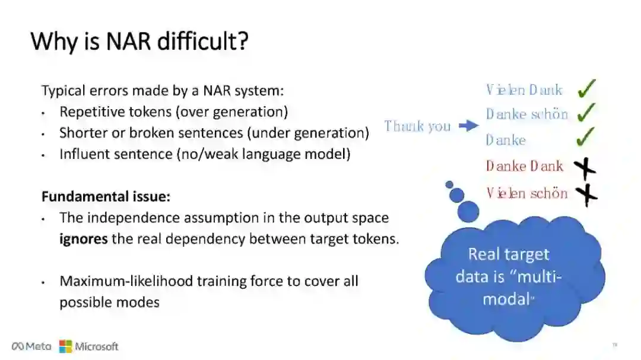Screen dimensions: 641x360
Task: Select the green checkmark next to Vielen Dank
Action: pyautogui.click(x=586, y=89)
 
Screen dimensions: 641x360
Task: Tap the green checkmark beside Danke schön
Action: pyautogui.click(x=586, y=112)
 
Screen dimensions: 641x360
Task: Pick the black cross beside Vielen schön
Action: pyautogui.click(x=586, y=194)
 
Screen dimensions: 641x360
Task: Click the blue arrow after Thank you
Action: pyautogui.click(x=469, y=126)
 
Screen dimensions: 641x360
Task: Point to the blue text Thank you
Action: pyautogui.click(x=417, y=126)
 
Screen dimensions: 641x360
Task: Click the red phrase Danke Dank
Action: pyautogui.click(x=524, y=166)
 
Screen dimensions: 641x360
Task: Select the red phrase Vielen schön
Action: pyautogui.click(x=526, y=193)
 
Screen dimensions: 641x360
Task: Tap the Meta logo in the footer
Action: pyautogui.click(x=31, y=346)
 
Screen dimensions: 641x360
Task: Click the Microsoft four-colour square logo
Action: pyautogui.click(x=65, y=346)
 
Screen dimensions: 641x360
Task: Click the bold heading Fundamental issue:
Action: pyautogui.click(x=106, y=196)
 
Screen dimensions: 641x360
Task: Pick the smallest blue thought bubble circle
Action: pyautogui.click(x=449, y=184)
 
